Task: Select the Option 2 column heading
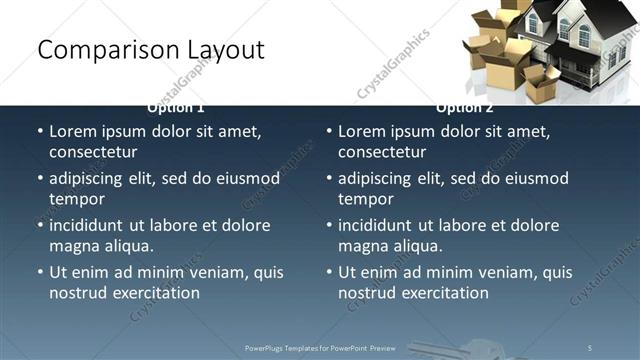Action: (464, 107)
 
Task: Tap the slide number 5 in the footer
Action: (590, 347)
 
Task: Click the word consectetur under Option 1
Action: (93, 152)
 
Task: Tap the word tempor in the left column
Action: (75, 198)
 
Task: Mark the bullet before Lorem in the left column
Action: (40, 131)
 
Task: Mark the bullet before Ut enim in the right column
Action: (329, 272)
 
